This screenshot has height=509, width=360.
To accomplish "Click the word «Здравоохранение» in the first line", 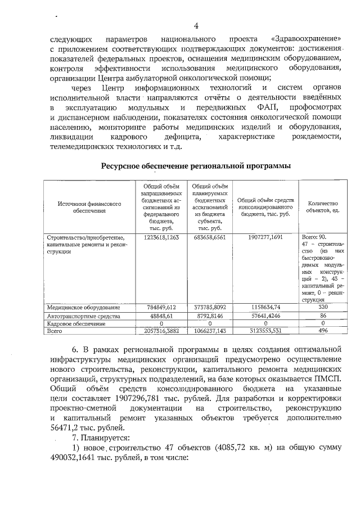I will [307, 39].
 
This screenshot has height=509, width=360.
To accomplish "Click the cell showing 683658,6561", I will [210, 237].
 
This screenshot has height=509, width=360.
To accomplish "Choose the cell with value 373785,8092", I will [210, 307].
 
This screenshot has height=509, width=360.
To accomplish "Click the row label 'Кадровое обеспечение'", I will [73, 324].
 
